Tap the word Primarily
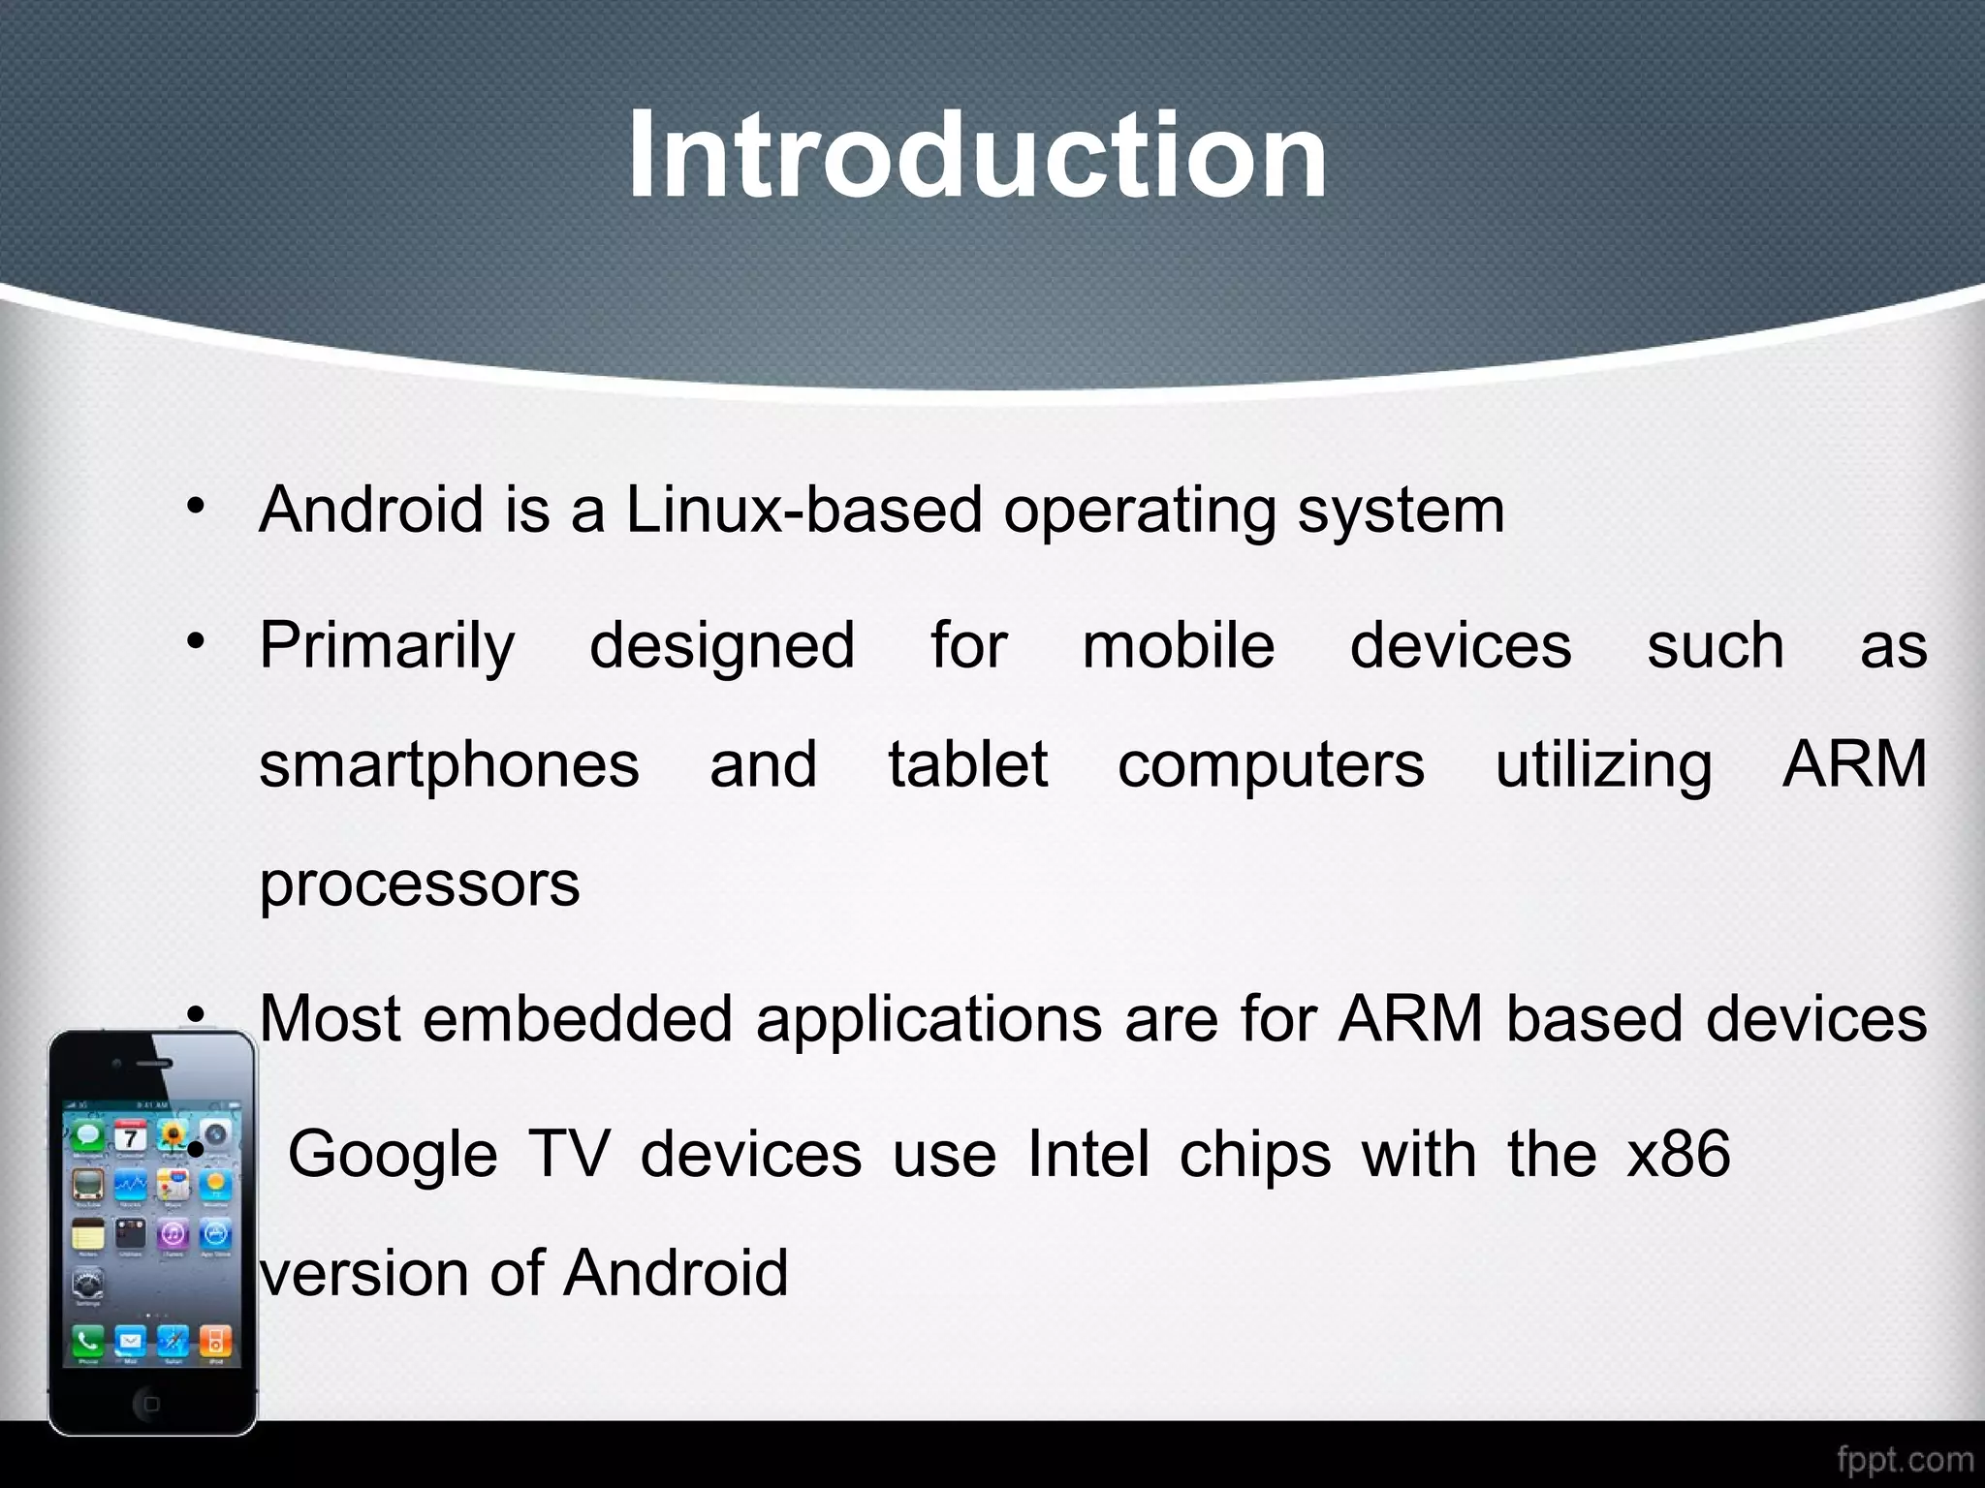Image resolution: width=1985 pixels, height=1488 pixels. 387,646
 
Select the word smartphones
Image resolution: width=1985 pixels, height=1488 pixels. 449,764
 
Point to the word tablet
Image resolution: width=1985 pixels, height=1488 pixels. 967,764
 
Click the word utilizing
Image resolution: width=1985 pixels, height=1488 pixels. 1603,764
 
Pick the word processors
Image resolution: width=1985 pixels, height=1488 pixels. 419,883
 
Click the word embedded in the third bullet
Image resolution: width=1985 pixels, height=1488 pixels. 577,1019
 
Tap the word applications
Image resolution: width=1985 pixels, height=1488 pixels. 929,1019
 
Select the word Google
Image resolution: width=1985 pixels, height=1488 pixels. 393,1155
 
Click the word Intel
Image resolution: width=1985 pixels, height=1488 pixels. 1088,1155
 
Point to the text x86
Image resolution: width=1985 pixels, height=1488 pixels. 1678,1155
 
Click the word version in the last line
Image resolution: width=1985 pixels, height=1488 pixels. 362,1273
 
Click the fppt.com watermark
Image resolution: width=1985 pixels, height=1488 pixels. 1905,1459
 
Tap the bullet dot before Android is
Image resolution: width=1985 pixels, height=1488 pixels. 197,506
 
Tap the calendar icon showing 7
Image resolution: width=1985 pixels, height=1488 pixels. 131,1135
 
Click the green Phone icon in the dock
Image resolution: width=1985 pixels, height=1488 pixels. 88,1340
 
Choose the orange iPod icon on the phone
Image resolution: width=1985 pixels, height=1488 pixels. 215,1340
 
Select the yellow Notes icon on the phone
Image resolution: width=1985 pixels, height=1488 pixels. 88,1235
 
